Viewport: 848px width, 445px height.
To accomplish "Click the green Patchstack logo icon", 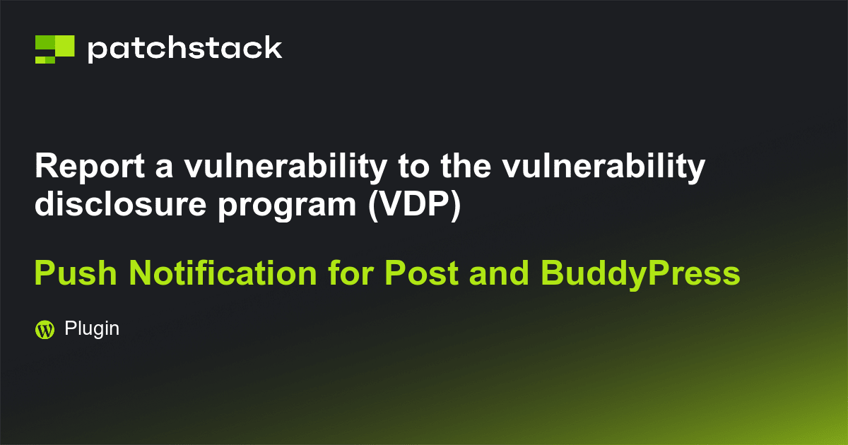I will point(54,48).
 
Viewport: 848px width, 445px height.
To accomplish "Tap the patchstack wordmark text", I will point(184,49).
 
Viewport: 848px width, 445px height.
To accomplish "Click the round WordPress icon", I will point(45,329).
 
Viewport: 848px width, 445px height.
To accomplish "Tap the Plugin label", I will point(91,328).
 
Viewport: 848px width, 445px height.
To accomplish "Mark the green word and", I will point(495,273).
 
